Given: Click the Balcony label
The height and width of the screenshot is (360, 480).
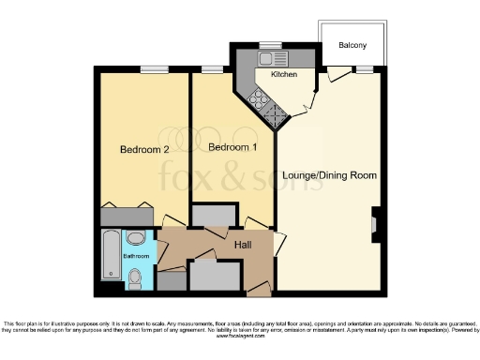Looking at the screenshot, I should pos(353,45).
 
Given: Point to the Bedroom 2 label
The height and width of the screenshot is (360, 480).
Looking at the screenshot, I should pos(144,149).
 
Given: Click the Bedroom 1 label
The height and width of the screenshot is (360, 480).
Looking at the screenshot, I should pos(232,148).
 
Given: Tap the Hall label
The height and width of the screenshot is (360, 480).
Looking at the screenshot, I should pos(243,246).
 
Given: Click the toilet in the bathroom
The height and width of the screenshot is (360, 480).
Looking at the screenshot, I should pos(137,277).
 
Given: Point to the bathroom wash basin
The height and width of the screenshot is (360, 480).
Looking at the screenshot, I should pos(135,237).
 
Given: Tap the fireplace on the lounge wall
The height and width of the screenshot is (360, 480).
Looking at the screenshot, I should pos(375,224).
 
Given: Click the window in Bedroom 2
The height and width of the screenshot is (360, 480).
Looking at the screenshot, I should pos(155,68).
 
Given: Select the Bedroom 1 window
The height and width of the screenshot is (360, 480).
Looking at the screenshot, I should pos(211,68).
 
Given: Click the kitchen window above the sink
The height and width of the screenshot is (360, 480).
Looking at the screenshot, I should pos(270,44).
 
